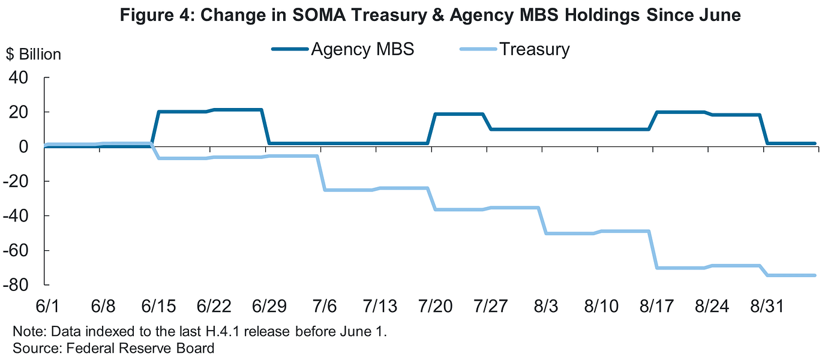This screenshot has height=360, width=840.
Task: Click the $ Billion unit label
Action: click(x=34, y=55)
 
